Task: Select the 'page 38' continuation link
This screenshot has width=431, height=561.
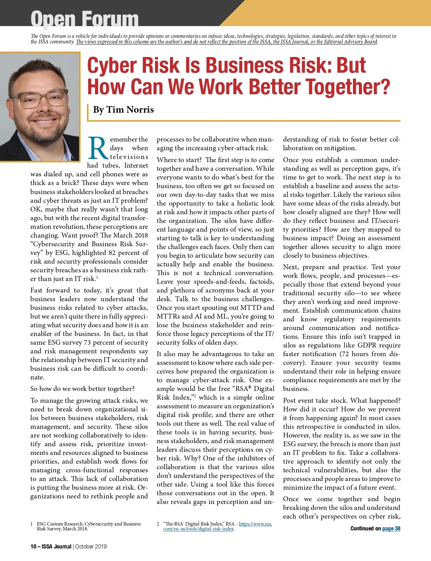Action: point(391,528)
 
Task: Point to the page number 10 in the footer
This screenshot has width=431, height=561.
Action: point(33,546)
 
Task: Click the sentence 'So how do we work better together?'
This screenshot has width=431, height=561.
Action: point(82,389)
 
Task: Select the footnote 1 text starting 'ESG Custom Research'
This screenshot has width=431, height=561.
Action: point(89,526)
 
